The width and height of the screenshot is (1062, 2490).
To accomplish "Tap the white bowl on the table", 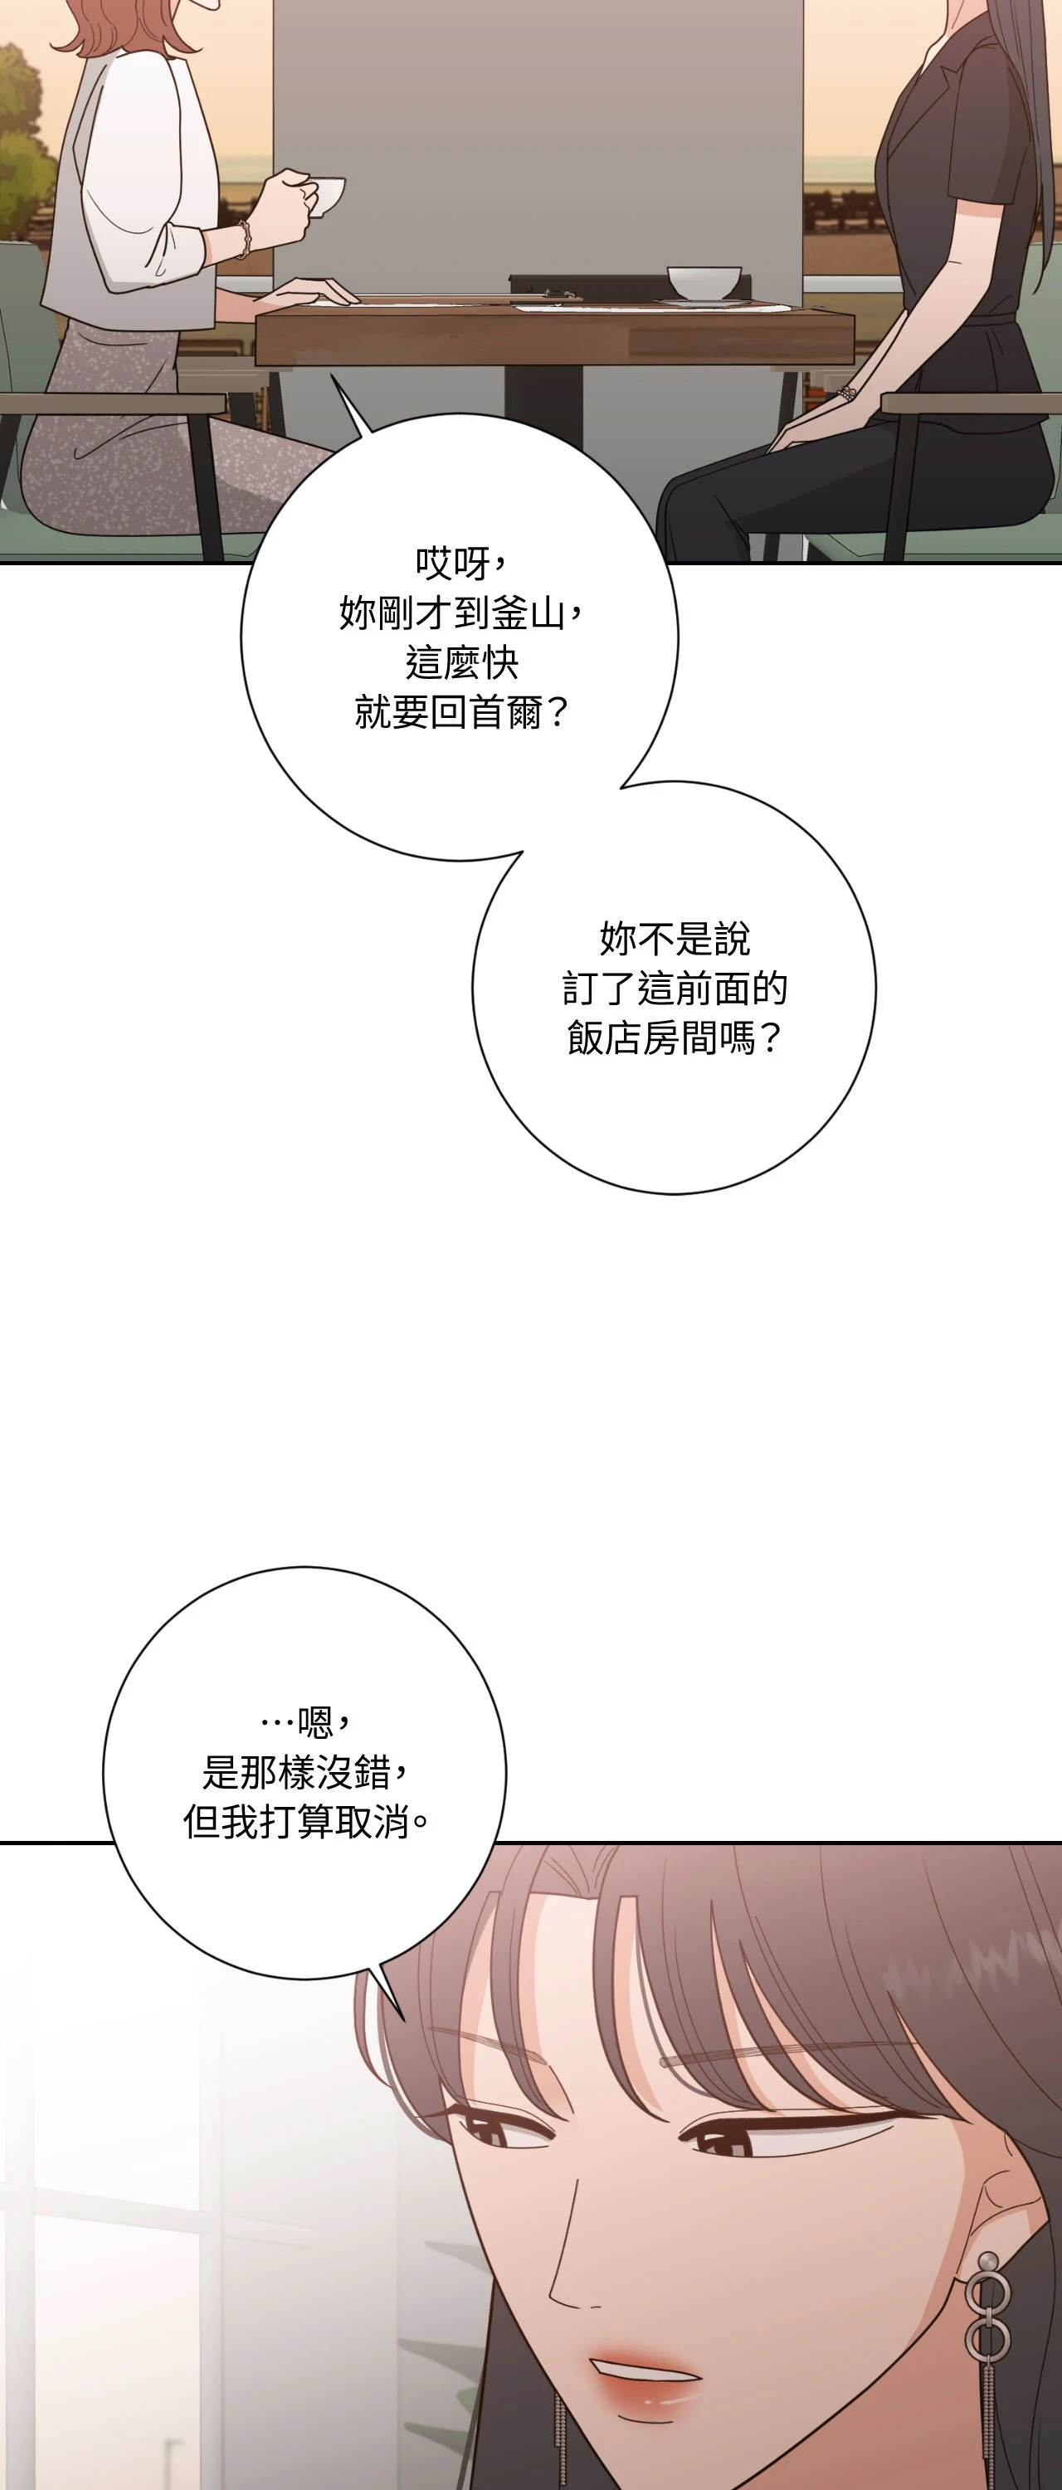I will tap(704, 283).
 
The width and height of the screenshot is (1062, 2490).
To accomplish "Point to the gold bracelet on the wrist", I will tap(245, 239).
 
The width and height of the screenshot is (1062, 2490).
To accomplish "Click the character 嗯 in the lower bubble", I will tap(316, 1721).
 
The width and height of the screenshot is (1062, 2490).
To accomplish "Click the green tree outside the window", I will tap(24, 145).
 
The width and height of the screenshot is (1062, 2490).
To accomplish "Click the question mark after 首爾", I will tap(558, 715).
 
